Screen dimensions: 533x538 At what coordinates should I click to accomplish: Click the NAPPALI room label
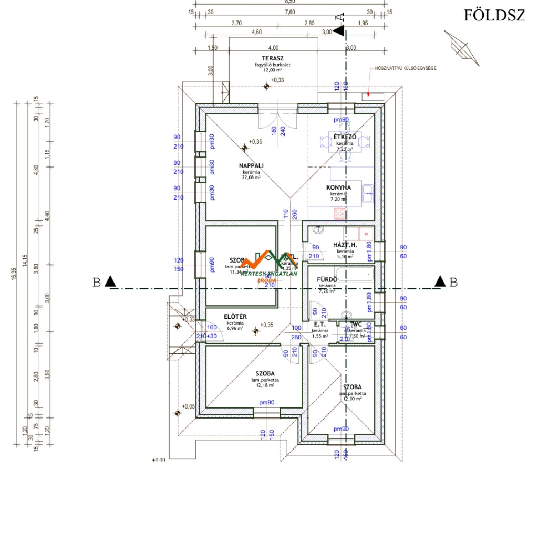point(251,165)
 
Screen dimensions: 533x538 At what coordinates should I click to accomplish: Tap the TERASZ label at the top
point(273,58)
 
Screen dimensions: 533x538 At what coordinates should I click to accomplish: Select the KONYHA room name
point(339,187)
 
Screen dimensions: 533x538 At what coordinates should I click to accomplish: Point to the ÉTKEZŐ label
point(345,137)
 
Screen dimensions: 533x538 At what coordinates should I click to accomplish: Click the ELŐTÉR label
point(235,316)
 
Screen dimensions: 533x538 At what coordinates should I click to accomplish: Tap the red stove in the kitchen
point(340,213)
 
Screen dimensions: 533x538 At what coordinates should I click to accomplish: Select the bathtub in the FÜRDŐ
point(355,273)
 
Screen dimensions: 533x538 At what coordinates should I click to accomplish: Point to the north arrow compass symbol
point(462,48)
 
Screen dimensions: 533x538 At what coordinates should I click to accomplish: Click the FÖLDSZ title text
point(493,16)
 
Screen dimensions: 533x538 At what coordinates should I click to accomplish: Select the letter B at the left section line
point(97,282)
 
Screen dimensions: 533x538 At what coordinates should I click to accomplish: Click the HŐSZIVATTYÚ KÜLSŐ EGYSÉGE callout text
point(405,68)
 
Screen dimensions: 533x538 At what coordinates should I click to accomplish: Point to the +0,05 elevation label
point(188,406)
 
